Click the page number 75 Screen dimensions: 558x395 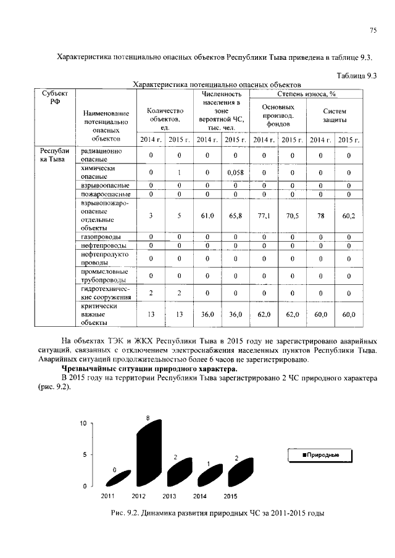point(373,30)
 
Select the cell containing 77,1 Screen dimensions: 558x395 point(264,216)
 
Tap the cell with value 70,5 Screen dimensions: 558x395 point(293,216)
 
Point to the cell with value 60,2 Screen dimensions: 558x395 point(349,216)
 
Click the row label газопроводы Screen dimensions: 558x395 point(101,237)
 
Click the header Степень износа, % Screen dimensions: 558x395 point(306,94)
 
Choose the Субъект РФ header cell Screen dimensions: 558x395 point(55,98)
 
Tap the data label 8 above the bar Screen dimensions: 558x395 point(148,419)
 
